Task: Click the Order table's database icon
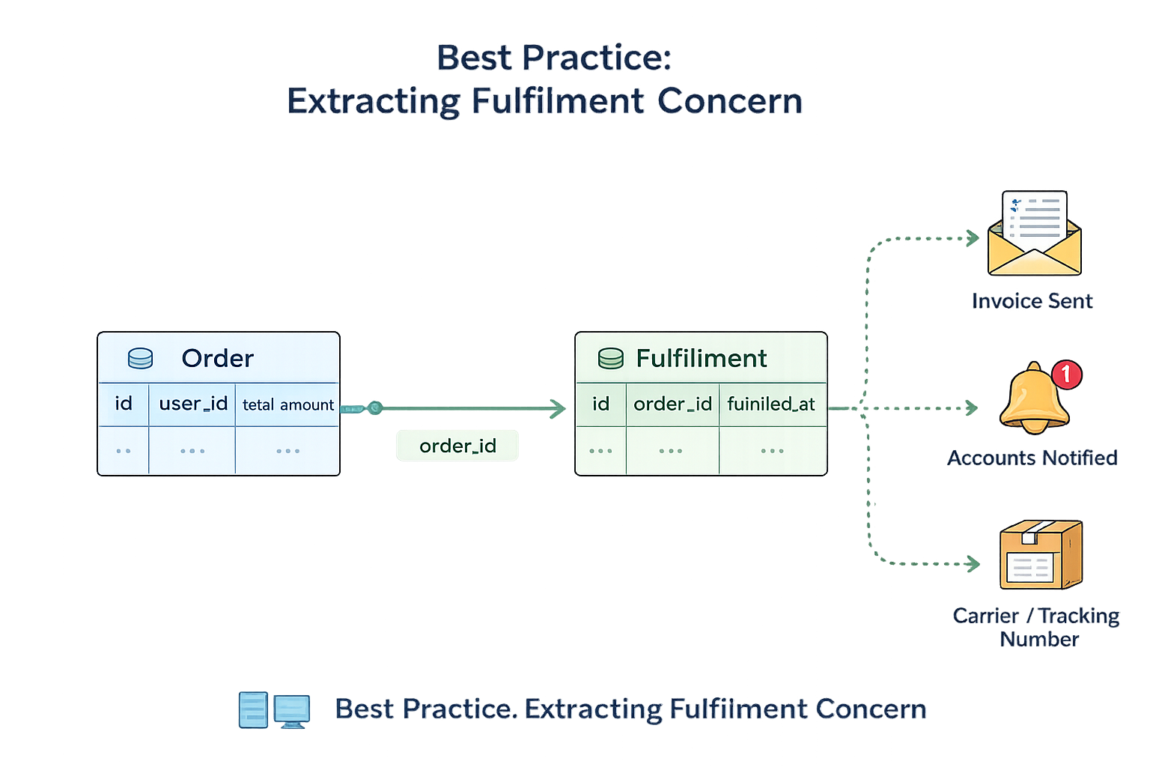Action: [140, 359]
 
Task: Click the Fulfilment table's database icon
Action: [610, 359]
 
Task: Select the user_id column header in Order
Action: [193, 404]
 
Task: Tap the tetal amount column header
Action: [288, 405]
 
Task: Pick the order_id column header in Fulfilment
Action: [672, 404]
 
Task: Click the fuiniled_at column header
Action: [771, 404]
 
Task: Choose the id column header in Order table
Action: [124, 404]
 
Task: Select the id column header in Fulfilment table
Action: [600, 404]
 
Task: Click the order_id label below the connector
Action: [457, 446]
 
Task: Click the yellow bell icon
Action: [1033, 401]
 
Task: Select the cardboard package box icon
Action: [1040, 555]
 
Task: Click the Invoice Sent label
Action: [1032, 301]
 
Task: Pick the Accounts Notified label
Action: [1032, 458]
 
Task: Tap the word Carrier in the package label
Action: [985, 616]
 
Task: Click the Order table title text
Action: [218, 359]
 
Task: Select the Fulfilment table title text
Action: [702, 359]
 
